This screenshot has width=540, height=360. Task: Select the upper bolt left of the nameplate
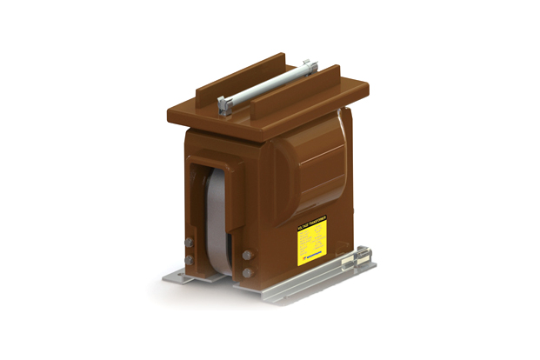[x=248, y=257]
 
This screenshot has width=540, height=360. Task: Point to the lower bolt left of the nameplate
[x=248, y=272]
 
